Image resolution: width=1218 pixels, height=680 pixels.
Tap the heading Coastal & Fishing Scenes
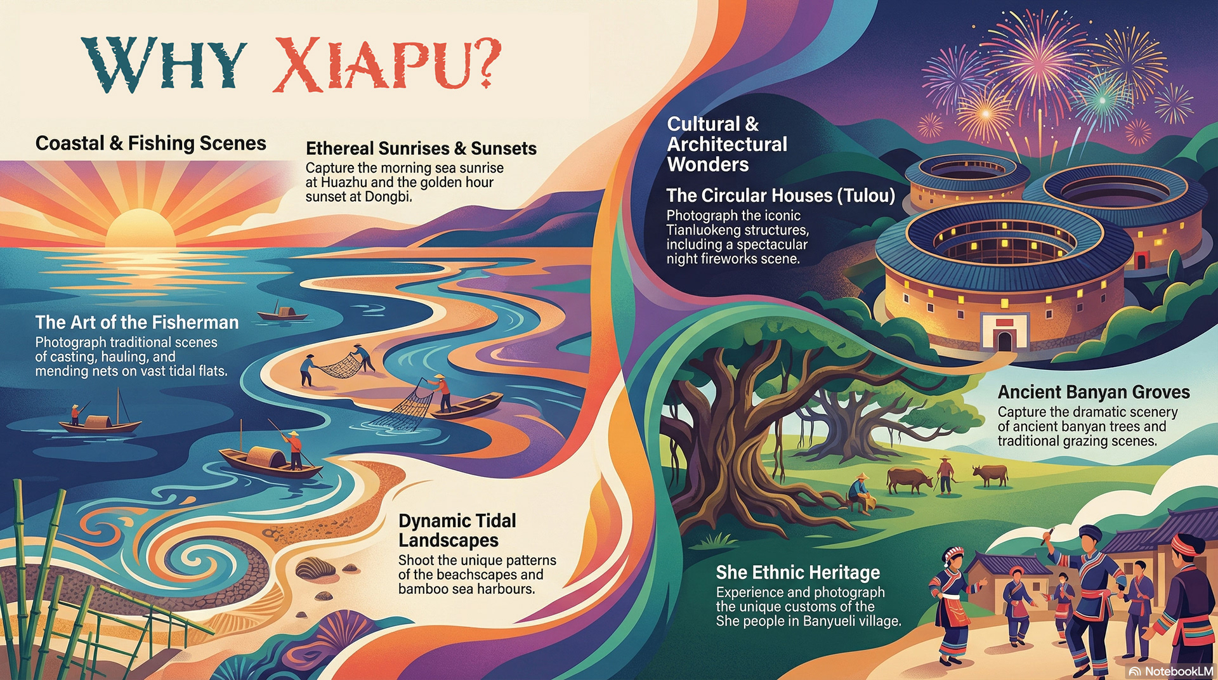(x=150, y=143)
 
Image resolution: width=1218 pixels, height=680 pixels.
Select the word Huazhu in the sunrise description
(x=344, y=183)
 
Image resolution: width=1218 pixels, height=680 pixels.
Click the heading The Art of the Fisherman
(x=137, y=322)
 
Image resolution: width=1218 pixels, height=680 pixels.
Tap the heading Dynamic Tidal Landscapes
(x=457, y=530)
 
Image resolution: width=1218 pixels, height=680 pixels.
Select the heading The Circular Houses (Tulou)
(x=780, y=195)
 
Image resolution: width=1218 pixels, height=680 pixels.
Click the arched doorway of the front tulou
(x=1004, y=341)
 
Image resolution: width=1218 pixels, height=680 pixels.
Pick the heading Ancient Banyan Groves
(x=1094, y=392)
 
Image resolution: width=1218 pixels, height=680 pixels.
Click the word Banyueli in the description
(x=829, y=621)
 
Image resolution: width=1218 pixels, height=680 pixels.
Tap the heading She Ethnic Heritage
(x=797, y=573)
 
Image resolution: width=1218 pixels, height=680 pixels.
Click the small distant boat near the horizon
(x=282, y=313)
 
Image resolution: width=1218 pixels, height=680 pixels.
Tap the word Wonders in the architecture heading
(x=708, y=165)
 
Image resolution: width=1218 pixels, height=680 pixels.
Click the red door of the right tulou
(x=1140, y=261)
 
